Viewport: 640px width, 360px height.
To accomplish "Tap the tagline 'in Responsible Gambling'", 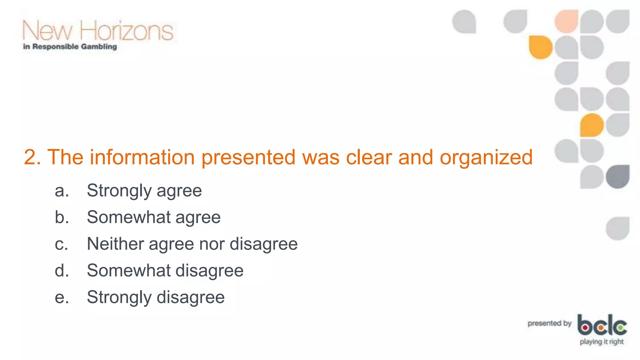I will tap(70, 47).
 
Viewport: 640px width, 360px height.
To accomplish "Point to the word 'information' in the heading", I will tap(142, 157).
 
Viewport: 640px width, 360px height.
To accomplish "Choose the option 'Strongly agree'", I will tap(144, 191).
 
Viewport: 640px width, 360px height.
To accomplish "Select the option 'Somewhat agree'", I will tap(153, 217).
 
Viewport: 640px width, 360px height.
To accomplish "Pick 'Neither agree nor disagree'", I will tap(192, 244).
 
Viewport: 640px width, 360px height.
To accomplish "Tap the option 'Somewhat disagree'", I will tap(165, 271).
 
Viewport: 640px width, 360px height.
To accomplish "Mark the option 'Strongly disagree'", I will tap(156, 297).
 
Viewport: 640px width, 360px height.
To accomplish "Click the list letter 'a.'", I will tap(62, 191).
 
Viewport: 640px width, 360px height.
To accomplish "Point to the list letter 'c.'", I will tap(61, 244).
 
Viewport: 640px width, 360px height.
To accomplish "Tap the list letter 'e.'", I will tap(62, 297).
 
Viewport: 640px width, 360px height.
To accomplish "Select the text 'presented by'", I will tap(549, 323).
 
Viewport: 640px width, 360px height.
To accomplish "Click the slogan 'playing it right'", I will tap(602, 342).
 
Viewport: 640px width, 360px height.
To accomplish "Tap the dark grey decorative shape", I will tap(618, 177).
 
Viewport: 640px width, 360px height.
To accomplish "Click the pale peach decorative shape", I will tap(566, 21).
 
